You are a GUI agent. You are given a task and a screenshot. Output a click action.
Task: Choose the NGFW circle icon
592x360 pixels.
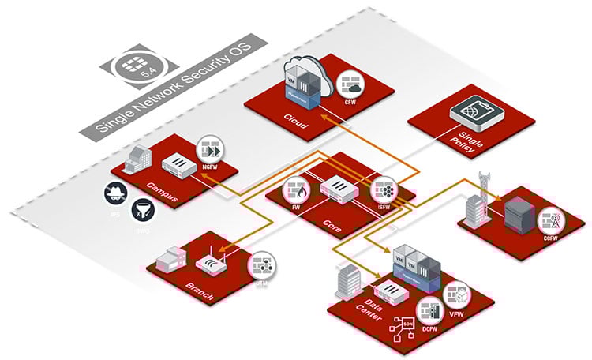point(212,151)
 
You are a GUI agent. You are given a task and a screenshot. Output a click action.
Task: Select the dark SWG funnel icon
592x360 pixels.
point(144,208)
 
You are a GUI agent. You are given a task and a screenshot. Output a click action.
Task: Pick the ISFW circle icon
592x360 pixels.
point(386,191)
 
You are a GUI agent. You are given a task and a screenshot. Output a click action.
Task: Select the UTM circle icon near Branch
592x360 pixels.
point(262,268)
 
